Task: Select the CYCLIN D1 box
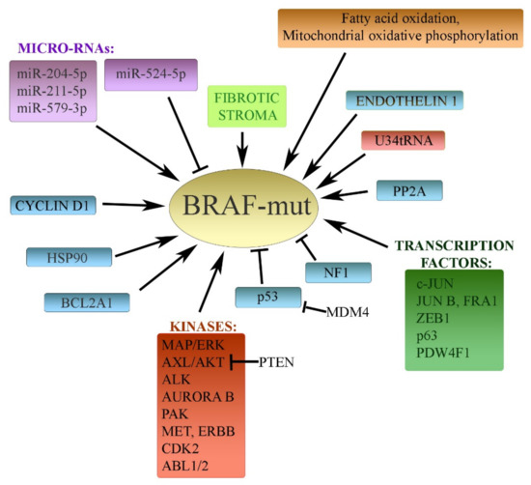54,204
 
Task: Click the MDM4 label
351,311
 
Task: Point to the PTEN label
278,362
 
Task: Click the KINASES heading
200,327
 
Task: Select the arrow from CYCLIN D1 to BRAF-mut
129,205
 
